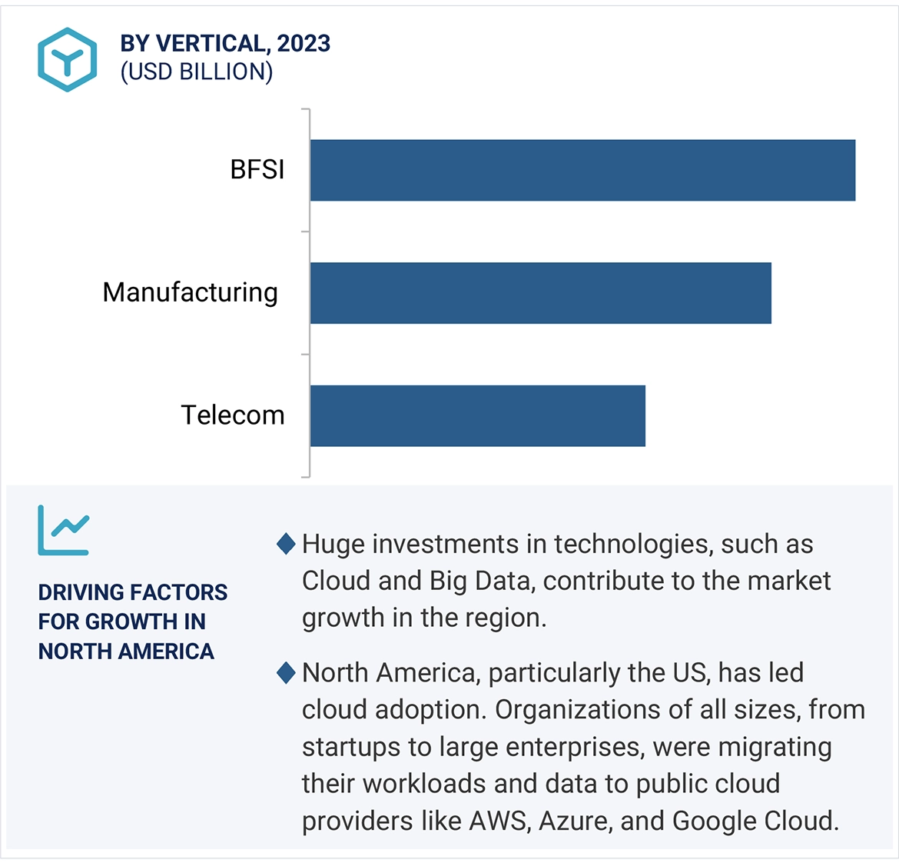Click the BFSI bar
tap(582, 170)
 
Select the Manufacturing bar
tap(540, 293)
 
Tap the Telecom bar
tap(477, 415)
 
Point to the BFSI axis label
tap(257, 169)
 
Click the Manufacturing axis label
tap(190, 292)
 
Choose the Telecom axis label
tap(232, 415)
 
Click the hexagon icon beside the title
tap(68, 59)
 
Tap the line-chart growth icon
tap(64, 530)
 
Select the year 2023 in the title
tap(304, 44)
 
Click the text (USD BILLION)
tap(196, 72)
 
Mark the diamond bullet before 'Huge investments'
tap(286, 544)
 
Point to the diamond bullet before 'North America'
tap(286, 673)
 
